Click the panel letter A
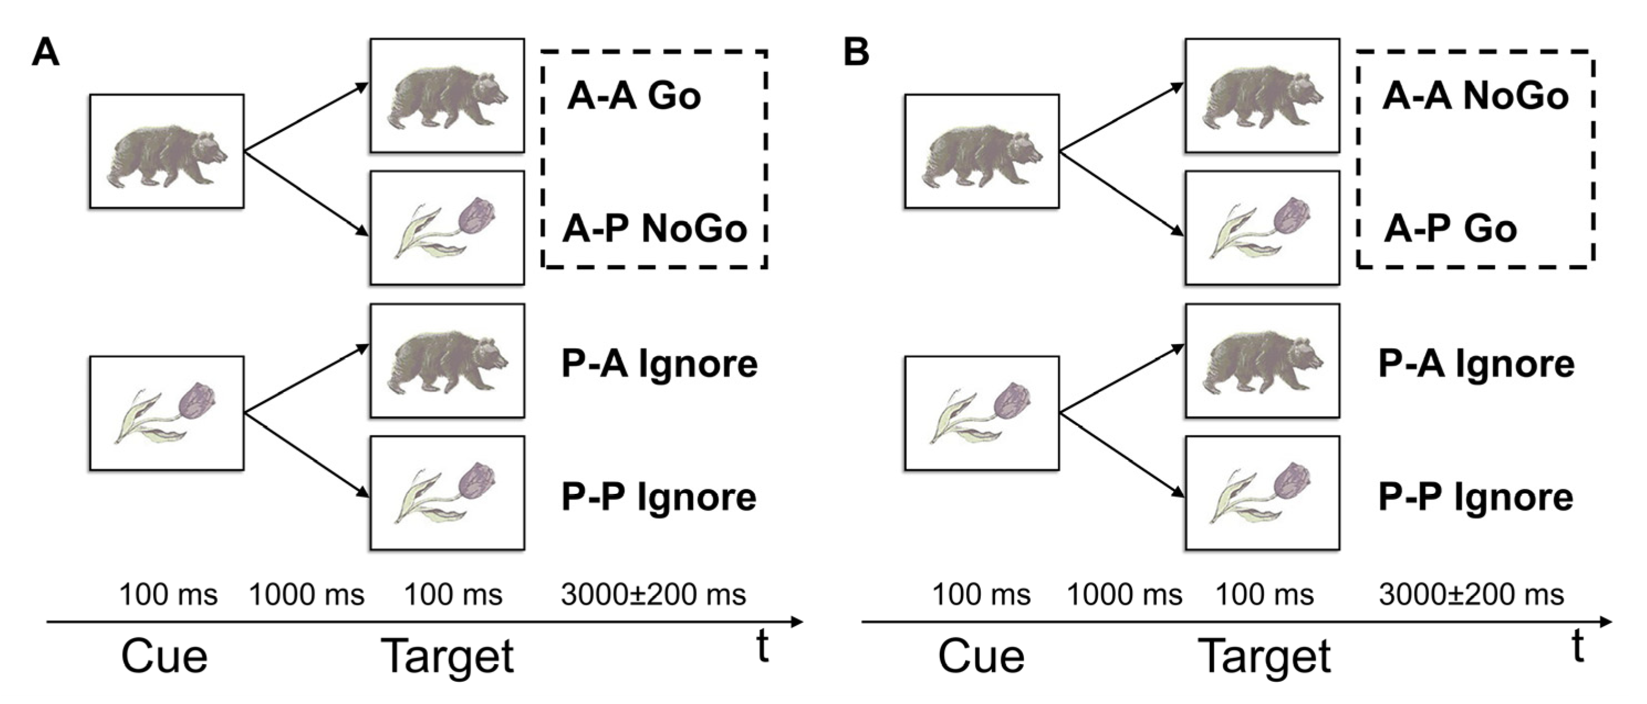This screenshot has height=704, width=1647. (x=45, y=53)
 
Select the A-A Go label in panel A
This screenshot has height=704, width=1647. (x=634, y=97)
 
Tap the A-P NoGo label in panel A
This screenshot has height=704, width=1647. (x=655, y=229)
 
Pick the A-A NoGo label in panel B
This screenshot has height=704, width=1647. (x=1475, y=97)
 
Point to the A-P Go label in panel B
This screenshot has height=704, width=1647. (x=1450, y=229)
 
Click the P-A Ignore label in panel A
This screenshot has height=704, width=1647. (x=659, y=364)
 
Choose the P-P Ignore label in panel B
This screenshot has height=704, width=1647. (x=1476, y=498)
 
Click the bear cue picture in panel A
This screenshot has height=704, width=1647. (x=166, y=152)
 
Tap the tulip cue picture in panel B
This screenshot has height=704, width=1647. (x=981, y=413)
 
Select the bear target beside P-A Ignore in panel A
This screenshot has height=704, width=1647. (x=447, y=361)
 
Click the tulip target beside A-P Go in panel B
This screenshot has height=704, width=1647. (x=1262, y=228)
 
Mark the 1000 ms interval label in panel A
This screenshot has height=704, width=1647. (x=306, y=595)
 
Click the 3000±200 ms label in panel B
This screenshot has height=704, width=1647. (x=1471, y=595)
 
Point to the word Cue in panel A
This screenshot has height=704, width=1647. (x=164, y=656)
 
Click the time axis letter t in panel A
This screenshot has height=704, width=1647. (x=761, y=647)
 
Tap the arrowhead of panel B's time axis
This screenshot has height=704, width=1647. (x=1606, y=621)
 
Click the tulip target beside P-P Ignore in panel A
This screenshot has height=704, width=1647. (x=447, y=493)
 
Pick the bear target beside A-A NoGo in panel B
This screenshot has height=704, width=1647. (x=1262, y=95)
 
